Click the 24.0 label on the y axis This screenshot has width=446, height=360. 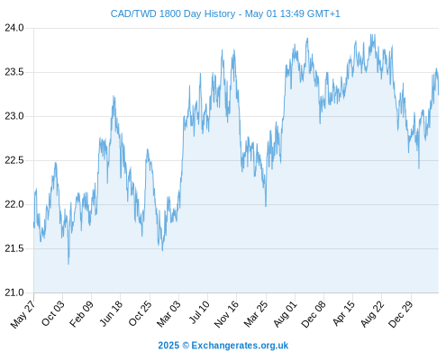(x=14, y=28)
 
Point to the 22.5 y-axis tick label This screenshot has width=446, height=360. (x=14, y=160)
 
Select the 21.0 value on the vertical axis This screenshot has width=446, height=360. (x=14, y=292)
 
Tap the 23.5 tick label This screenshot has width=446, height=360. (x=14, y=72)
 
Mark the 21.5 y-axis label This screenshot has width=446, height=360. (x=14, y=248)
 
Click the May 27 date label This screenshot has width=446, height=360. (x=23, y=314)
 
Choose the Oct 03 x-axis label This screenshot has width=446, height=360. (x=53, y=313)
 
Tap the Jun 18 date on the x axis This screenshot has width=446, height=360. (x=111, y=313)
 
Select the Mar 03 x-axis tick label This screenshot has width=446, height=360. (x=169, y=313)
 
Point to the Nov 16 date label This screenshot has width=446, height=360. (x=227, y=314)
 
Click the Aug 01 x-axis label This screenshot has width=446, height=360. (x=286, y=314)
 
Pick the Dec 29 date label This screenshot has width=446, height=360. (x=401, y=314)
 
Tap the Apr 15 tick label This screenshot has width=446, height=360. (x=343, y=313)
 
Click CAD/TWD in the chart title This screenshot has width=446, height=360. (x=133, y=14)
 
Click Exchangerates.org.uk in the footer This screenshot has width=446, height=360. (x=240, y=346)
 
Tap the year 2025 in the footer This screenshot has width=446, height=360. (x=168, y=346)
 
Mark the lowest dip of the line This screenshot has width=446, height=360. (x=68, y=264)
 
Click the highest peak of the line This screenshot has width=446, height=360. (x=372, y=35)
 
